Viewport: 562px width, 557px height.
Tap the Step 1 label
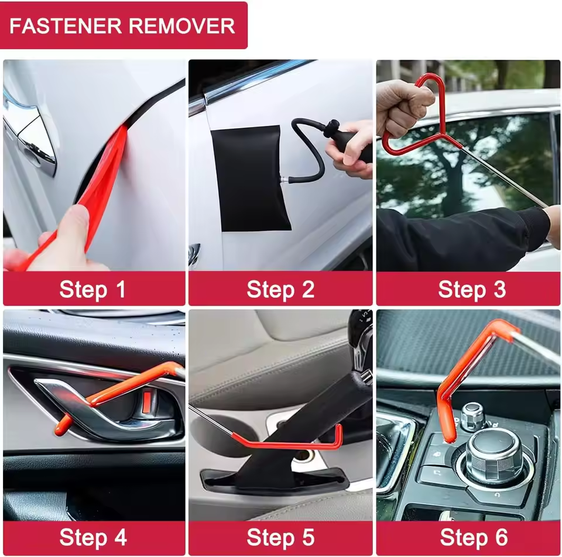click(x=93, y=289)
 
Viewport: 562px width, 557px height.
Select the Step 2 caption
click(x=280, y=289)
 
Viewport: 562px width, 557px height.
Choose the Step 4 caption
click(x=93, y=537)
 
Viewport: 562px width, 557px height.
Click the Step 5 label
click(x=280, y=537)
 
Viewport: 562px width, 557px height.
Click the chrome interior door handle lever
click(x=105, y=410)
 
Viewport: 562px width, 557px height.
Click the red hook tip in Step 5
click(x=338, y=436)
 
